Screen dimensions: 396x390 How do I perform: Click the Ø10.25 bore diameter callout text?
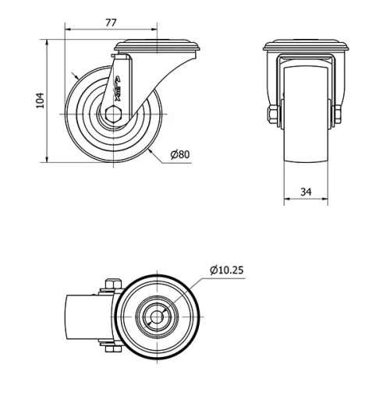pos(227,270)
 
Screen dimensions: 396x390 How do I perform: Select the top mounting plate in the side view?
pos(159,44)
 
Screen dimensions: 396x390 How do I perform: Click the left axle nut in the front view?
pos(272,115)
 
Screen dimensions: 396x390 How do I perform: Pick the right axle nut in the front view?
pos(339,115)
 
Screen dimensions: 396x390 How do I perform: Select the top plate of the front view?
pos(306,44)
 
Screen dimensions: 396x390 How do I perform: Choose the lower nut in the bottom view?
pos(110,352)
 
